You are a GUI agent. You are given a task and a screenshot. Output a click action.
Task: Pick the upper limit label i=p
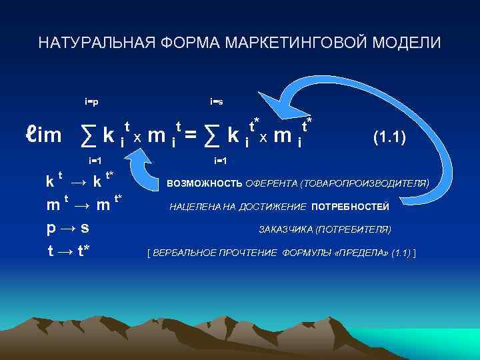point(92,102)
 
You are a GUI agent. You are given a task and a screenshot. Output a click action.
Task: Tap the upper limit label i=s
point(216,102)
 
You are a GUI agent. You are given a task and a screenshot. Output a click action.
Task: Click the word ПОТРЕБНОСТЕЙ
point(350,207)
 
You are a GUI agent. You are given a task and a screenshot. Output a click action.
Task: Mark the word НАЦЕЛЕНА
point(193,207)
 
